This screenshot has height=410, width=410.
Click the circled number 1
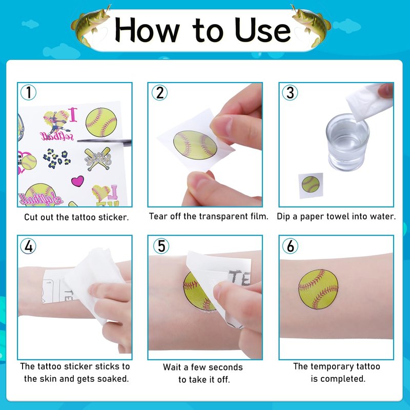(x=29, y=92)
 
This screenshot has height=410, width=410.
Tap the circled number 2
(x=159, y=93)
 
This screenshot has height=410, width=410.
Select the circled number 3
(x=290, y=93)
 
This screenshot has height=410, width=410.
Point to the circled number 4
(x=28, y=246)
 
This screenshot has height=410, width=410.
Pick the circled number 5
(x=161, y=246)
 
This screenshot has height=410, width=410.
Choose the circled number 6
(x=290, y=246)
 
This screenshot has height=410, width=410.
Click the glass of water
(x=347, y=142)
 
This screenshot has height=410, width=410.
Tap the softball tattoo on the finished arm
(x=318, y=289)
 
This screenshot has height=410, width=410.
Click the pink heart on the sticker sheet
(x=78, y=181)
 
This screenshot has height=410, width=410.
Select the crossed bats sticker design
(x=98, y=159)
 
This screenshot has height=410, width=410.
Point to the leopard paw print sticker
(x=57, y=158)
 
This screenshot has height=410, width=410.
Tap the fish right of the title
(x=311, y=25)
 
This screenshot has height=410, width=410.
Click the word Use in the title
(x=262, y=30)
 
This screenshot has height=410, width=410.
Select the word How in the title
(x=147, y=30)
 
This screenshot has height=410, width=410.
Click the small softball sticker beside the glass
(x=311, y=184)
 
